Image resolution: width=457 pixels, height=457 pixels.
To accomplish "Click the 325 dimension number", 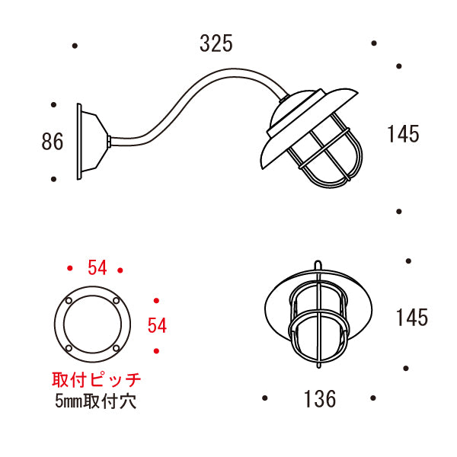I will pyautogui.click(x=216, y=45).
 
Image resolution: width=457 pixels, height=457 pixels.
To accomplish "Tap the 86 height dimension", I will pyautogui.click(x=53, y=142).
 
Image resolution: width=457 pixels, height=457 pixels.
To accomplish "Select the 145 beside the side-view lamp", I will pyautogui.click(x=403, y=135).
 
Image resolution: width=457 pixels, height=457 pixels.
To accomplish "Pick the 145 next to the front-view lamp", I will pyautogui.click(x=411, y=318).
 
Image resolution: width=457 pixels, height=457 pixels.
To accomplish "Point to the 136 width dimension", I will pyautogui.click(x=319, y=399).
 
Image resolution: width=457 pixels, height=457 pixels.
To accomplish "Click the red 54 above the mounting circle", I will pyautogui.click(x=97, y=268).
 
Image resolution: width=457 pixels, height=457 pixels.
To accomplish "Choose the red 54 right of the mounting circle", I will pyautogui.click(x=157, y=326).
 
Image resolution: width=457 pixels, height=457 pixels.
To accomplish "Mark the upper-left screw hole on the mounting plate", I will pyautogui.click(x=69, y=302).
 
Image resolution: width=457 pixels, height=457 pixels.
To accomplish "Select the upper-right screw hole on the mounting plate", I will pyautogui.click(x=117, y=302).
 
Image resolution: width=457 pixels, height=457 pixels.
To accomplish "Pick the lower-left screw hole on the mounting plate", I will pyautogui.click(x=69, y=350).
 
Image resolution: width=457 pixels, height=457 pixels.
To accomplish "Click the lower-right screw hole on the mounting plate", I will pyautogui.click(x=117, y=350).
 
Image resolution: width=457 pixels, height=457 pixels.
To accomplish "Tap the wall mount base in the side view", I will pyautogui.click(x=90, y=142).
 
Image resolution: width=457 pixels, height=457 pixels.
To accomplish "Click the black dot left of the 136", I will pyautogui.click(x=264, y=398).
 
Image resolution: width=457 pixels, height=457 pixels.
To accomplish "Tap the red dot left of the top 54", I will pyautogui.click(x=70, y=269).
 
